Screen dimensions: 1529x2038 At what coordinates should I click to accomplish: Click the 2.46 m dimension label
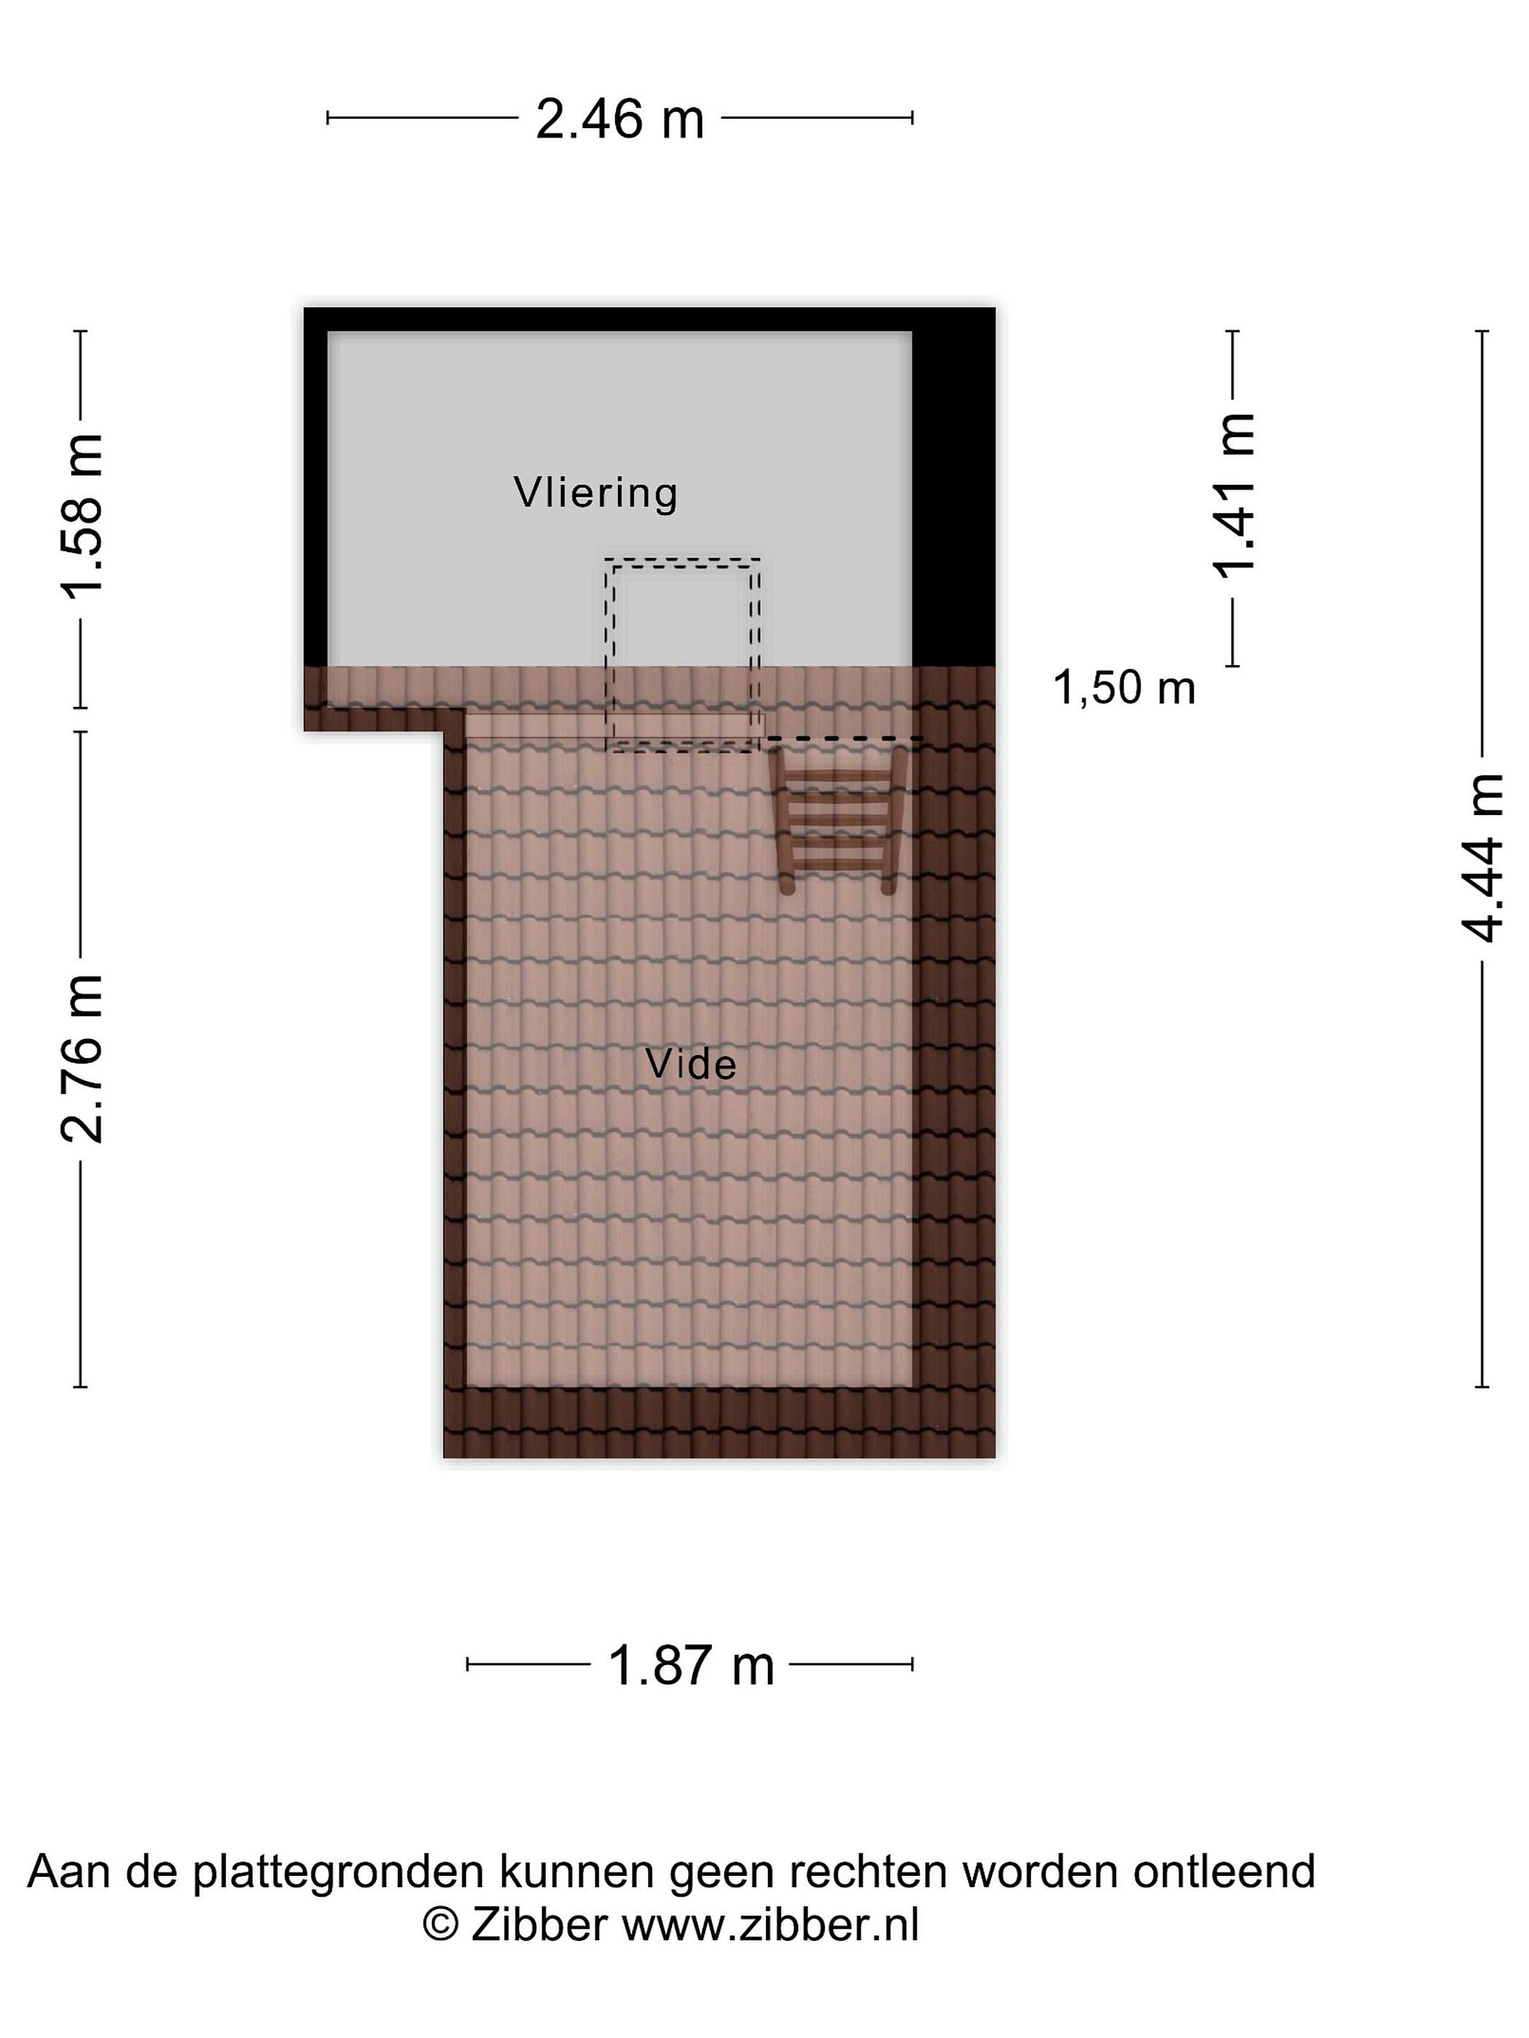pos(619,120)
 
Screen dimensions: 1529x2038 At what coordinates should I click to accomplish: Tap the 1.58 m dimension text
pos(83,516)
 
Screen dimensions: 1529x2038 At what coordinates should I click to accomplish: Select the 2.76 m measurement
pos(83,1058)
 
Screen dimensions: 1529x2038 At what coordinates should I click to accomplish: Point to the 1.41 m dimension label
pos(1233,495)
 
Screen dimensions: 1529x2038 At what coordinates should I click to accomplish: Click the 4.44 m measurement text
pos(1482,858)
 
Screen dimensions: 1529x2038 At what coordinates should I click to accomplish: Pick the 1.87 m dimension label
pos(690,1666)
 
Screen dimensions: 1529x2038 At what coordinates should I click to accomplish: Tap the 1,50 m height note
pos(1123,689)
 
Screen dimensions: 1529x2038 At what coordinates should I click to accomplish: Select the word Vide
pos(690,1064)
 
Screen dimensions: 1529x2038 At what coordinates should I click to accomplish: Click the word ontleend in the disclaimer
pos(1224,1871)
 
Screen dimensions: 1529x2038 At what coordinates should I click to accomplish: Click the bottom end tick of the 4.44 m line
pos(1482,1386)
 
